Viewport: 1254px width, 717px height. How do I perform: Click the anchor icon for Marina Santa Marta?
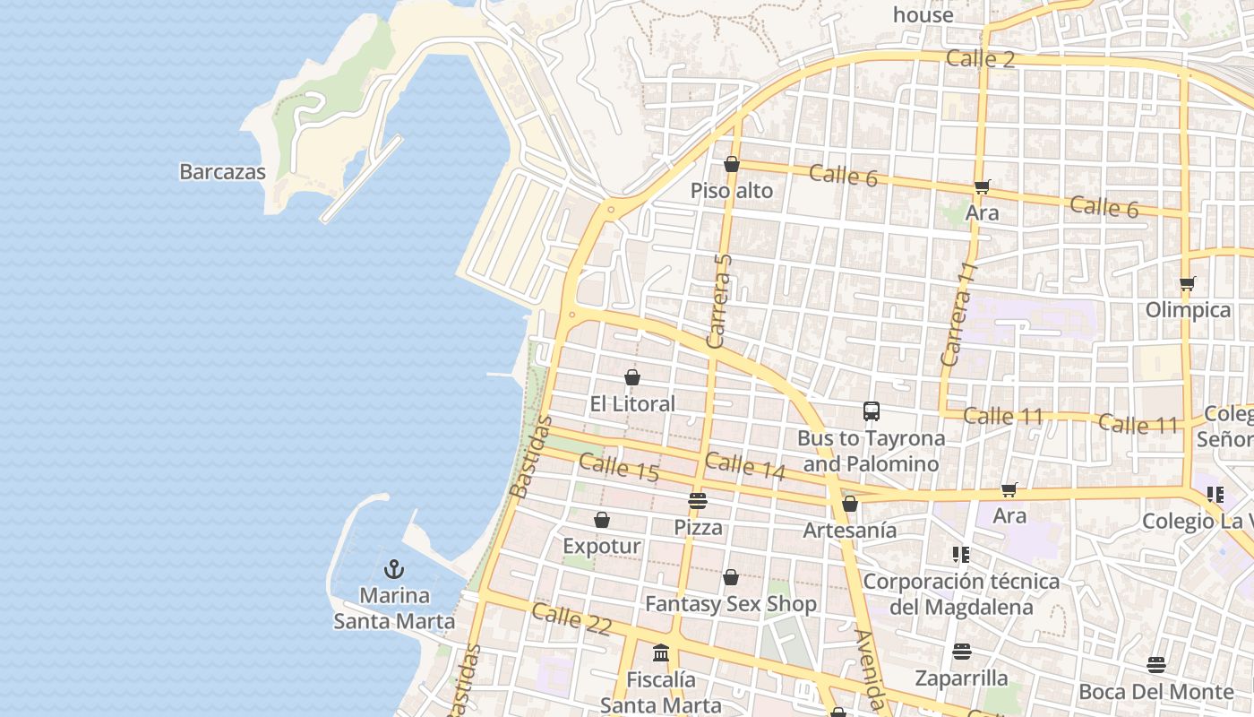point(394,569)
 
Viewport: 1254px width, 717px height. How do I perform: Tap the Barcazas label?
point(222,172)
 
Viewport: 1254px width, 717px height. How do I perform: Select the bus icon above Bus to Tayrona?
point(871,411)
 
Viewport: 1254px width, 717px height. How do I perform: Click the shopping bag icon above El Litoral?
point(632,377)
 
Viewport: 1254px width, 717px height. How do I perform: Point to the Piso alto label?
point(731,191)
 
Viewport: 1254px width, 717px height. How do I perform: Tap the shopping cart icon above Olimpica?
point(1188,284)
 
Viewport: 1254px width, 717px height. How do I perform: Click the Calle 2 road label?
point(981,59)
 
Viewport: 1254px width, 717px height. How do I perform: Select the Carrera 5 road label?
point(719,300)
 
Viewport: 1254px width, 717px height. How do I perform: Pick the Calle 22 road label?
point(571,619)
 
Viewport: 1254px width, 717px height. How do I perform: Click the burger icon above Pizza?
point(698,500)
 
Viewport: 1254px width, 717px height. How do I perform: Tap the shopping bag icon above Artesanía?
point(850,504)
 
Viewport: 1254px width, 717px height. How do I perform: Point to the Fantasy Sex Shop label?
point(731,604)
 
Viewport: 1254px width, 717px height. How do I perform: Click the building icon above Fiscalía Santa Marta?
point(661,653)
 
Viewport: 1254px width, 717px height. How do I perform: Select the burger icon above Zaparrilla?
point(962,651)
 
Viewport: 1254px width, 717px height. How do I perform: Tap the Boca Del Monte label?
point(1155,692)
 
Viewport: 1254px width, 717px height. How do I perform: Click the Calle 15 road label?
point(619,468)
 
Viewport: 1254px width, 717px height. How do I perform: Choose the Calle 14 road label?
point(744,466)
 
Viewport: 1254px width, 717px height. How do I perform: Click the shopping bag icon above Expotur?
point(602,520)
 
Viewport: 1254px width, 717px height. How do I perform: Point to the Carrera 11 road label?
point(957,314)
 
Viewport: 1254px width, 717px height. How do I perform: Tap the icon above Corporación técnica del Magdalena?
point(961,555)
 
